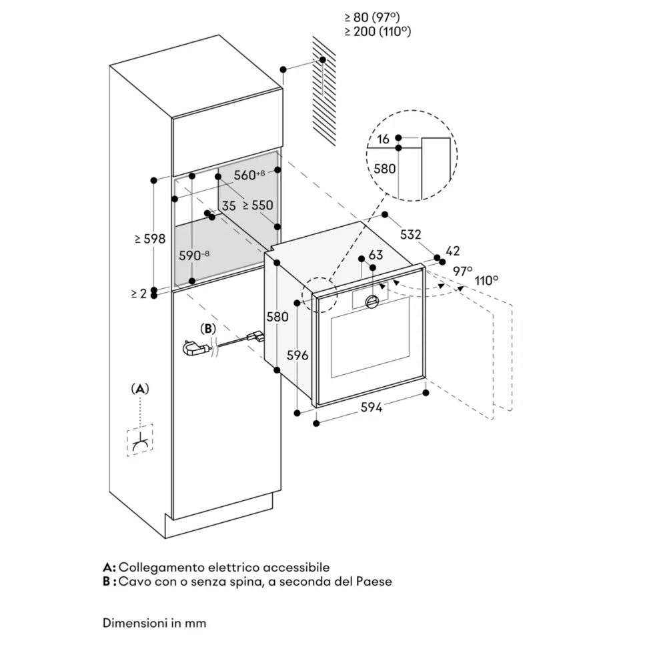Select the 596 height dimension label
point(297,356)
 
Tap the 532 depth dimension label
point(411,235)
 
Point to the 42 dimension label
point(453,251)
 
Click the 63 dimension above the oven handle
point(376,255)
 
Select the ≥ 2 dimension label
point(138,293)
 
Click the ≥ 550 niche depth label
point(257,206)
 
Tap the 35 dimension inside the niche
point(229,206)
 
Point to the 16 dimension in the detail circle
point(383,139)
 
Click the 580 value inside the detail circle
point(384,169)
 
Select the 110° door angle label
point(487,280)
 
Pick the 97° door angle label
point(462,271)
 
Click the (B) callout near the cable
point(209,328)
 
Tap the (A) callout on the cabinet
point(139,388)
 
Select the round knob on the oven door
point(372,303)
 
